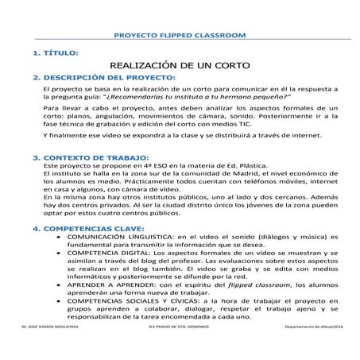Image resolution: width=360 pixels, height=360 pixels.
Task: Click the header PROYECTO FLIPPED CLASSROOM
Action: pos(180,36)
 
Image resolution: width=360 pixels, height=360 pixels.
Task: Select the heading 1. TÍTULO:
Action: pos(55,52)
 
